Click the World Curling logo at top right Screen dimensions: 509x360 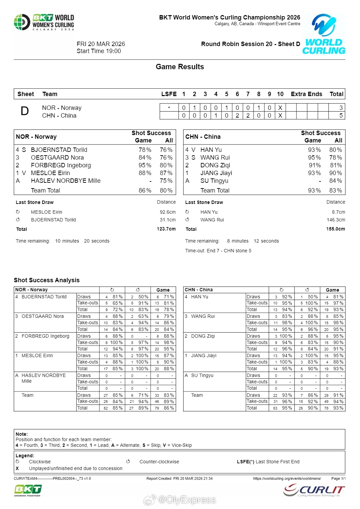pos(324,34)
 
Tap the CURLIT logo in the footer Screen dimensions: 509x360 pos(314,490)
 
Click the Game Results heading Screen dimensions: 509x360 pos(180,67)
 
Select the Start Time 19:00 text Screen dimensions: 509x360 pos(99,51)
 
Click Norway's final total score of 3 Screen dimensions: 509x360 pos(341,108)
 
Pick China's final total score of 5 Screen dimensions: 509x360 pos(341,116)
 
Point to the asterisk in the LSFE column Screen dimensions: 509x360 pos(169,108)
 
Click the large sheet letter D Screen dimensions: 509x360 pos(25,111)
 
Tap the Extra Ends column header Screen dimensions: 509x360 pos(306,94)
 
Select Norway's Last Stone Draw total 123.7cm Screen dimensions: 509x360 pos(166,229)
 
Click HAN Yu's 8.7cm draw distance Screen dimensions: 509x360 pos(338,212)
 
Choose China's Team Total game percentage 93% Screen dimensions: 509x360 pos(314,190)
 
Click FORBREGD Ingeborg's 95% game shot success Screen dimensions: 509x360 pos(145,165)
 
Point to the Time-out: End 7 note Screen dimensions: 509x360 pos(218,251)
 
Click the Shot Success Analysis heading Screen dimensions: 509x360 pos(47,280)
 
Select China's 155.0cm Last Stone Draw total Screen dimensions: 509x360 pos(335,229)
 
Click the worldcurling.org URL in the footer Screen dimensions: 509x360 pos(287,478)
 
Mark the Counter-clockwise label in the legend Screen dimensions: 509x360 pos(159,462)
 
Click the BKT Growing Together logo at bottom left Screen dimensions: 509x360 pos(28,491)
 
